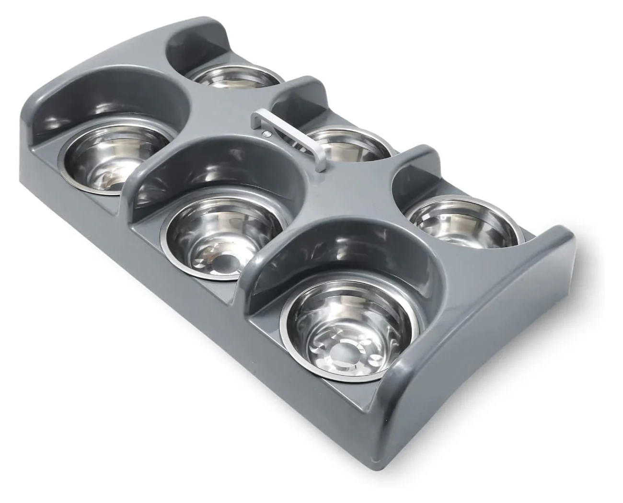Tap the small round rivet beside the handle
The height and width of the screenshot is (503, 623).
[x=265, y=135]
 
